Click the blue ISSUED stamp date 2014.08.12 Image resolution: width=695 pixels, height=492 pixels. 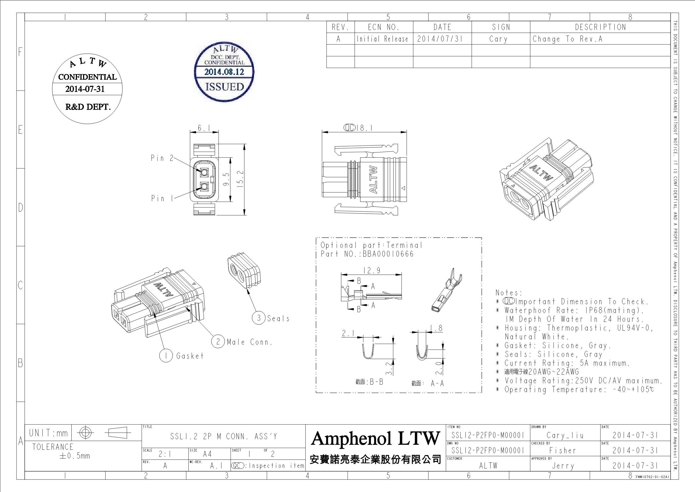coord(224,72)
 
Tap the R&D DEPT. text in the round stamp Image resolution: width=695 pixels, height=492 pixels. coord(88,107)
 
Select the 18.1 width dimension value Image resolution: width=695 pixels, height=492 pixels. coord(364,129)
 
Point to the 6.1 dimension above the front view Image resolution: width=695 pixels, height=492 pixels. coord(204,128)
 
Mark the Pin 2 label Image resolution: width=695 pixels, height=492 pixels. coord(162,158)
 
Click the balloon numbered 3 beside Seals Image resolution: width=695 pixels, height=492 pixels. coord(259,318)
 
